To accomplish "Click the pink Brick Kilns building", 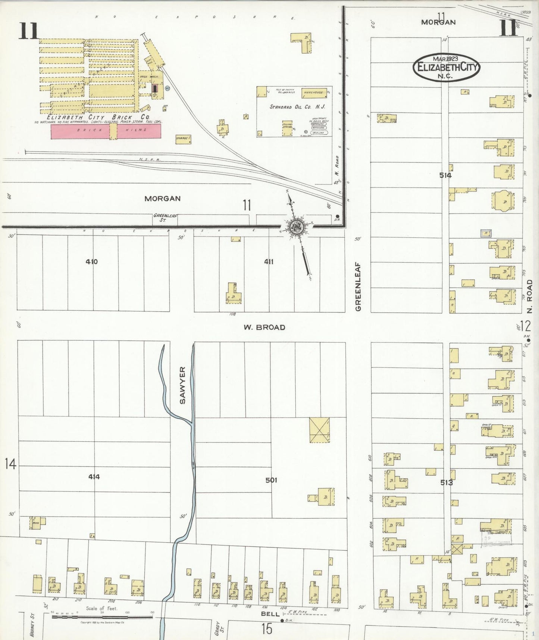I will point(106,131).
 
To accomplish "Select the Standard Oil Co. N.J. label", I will point(297,107).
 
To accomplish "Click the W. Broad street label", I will point(264,327).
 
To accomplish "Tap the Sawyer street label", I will point(182,385).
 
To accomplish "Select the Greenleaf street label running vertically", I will point(358,286).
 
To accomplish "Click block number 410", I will point(92,261).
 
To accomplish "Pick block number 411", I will point(269,261).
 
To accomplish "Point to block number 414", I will point(94,476).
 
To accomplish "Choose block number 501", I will point(271,480).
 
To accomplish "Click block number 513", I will point(446,482).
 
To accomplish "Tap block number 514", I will point(445,175).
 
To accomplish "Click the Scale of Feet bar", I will point(102,617).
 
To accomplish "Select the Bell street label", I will point(270,614).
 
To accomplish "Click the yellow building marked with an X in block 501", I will point(320,430).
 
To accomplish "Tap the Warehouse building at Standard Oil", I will point(314,92).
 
